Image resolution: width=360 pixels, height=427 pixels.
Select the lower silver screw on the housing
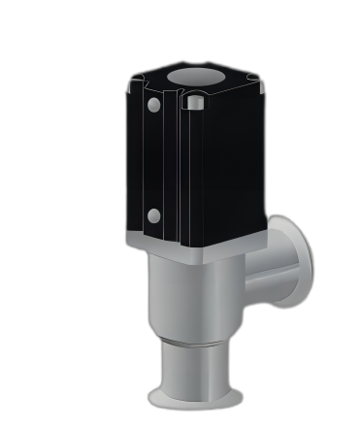(x=152, y=215)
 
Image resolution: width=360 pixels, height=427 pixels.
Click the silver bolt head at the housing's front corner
(x=194, y=101)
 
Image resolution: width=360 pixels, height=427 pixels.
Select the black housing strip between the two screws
(x=152, y=160)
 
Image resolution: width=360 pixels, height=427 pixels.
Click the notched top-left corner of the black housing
(x=133, y=85)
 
